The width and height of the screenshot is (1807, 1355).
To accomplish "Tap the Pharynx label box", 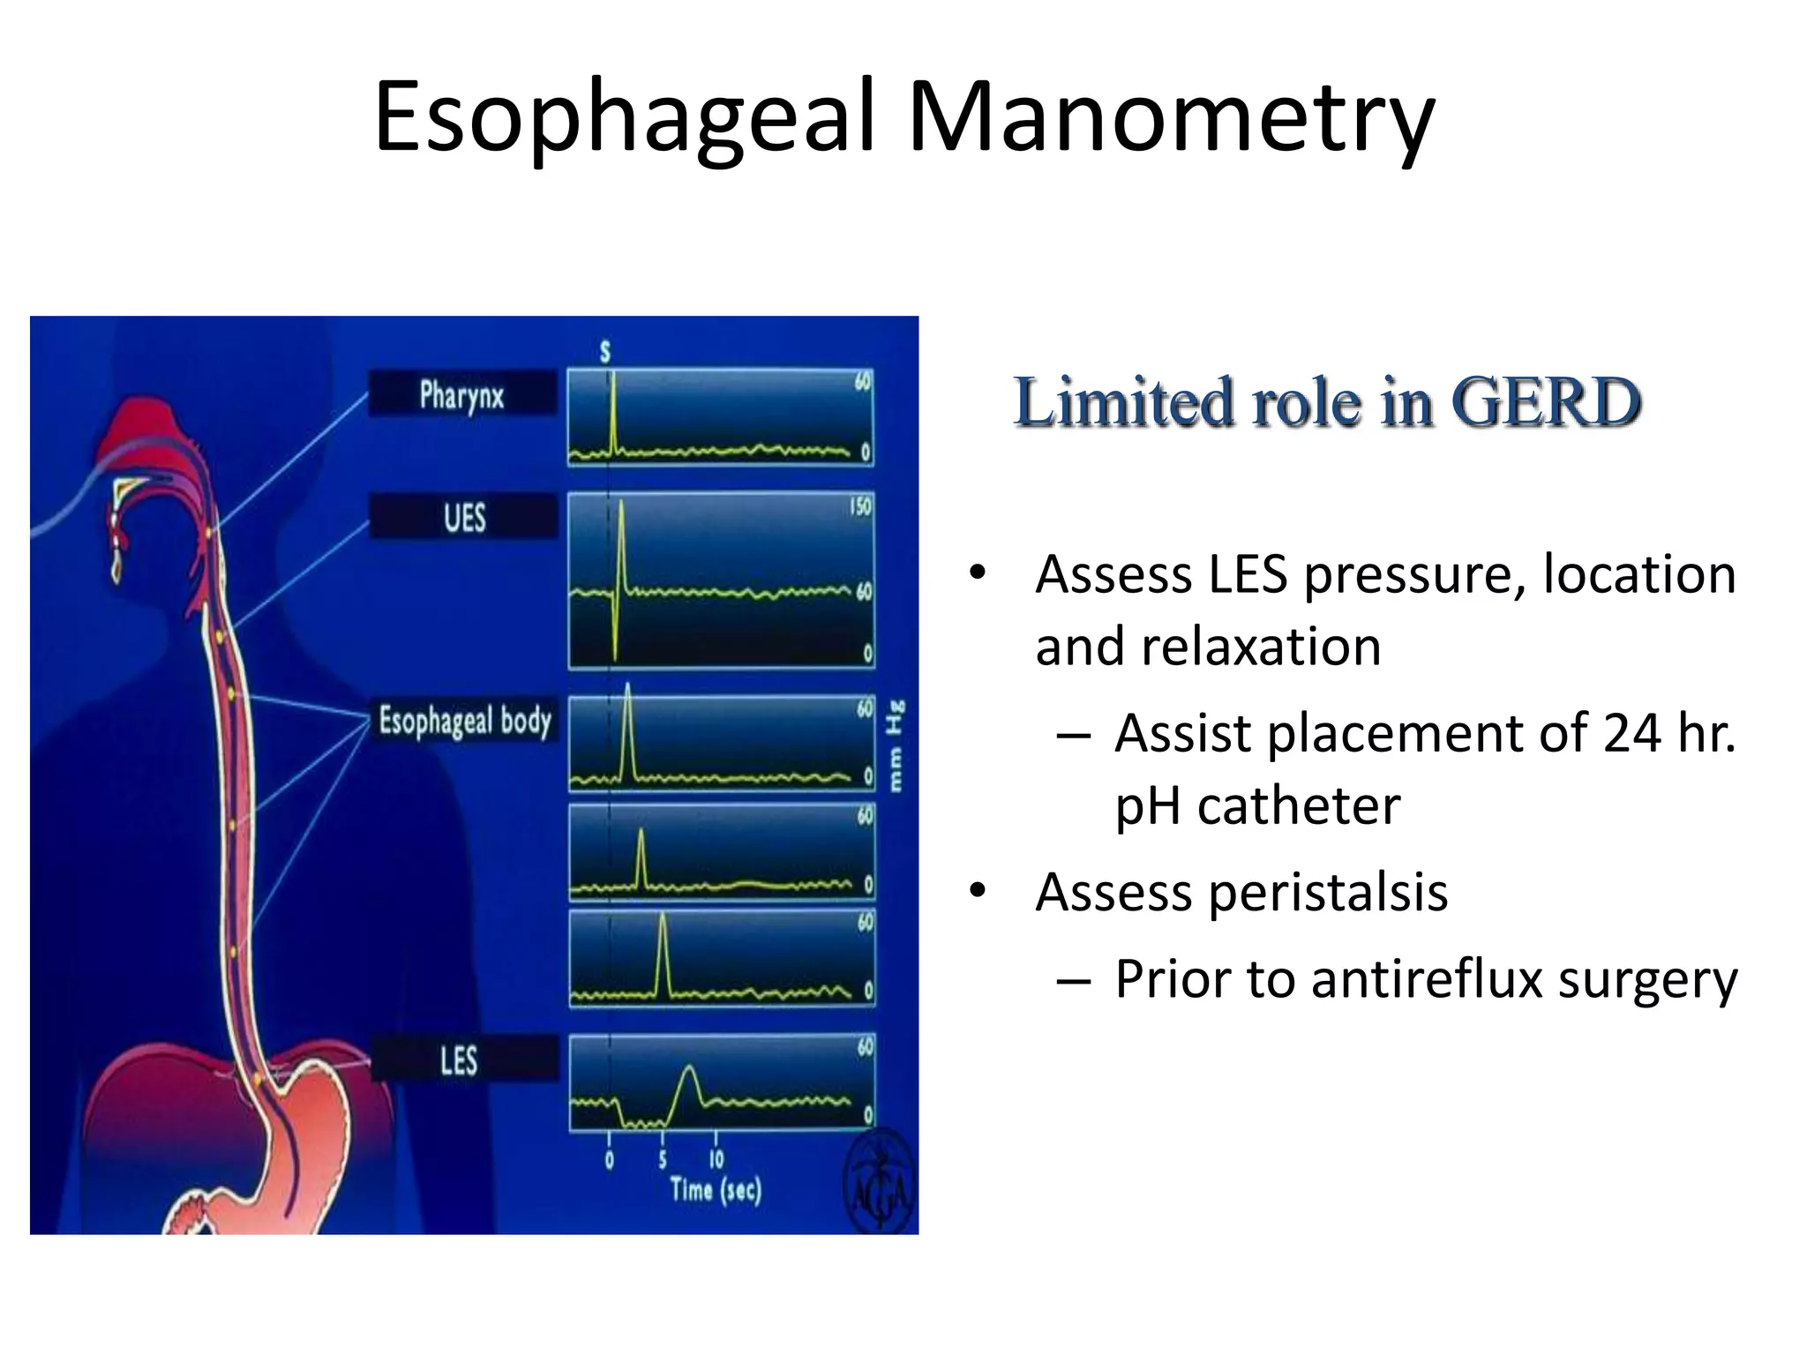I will [x=461, y=394].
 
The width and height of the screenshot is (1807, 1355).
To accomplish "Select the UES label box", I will [x=464, y=517].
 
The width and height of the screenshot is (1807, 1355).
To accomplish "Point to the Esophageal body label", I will [x=465, y=721].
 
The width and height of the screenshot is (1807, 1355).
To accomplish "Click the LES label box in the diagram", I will [x=460, y=1059].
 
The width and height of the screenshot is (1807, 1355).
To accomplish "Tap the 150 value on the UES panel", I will [x=859, y=507].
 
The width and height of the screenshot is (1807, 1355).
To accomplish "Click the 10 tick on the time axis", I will [x=716, y=1158].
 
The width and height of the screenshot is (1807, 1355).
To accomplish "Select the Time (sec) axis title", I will [x=715, y=1191].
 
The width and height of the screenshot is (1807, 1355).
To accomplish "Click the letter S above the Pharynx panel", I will [x=605, y=352].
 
